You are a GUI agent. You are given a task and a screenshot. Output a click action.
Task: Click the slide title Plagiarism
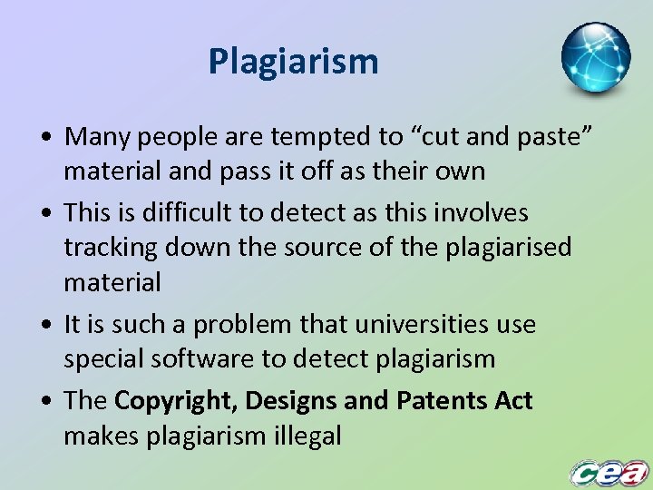(293, 62)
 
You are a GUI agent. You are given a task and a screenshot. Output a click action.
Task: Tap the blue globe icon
(596, 57)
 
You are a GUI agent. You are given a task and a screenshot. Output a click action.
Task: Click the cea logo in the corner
(609, 472)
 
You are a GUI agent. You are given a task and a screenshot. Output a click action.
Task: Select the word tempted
(328, 137)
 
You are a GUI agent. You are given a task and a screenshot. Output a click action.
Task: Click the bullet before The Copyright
(44, 401)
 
